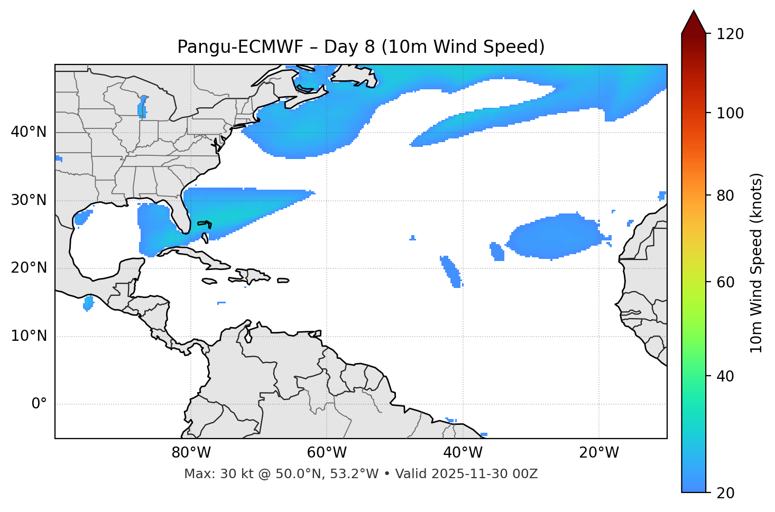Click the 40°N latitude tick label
point(29,132)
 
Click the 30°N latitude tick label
point(29,200)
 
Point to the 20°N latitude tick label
point(29,268)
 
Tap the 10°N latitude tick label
point(29,336)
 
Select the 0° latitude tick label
point(39,404)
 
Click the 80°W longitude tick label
point(191,453)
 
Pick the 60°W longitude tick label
point(327,453)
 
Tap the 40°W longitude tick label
point(463,453)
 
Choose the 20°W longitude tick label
point(598,453)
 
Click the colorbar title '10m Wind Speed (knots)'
point(756,263)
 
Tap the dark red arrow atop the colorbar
point(694,22)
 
